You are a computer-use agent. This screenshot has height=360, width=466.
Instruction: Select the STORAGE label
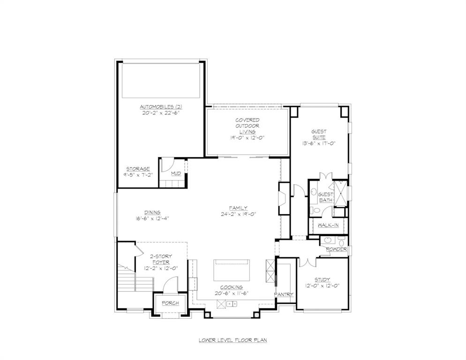[138, 169]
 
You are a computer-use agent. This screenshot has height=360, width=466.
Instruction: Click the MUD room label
[176, 173]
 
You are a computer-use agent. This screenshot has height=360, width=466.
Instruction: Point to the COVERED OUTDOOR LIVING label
[248, 126]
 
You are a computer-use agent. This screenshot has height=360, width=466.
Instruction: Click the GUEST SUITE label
[319, 135]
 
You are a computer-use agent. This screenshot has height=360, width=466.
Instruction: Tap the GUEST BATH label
[325, 197]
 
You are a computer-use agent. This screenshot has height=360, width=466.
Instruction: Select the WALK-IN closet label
[328, 225]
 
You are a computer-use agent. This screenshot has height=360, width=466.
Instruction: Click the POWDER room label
[336, 249]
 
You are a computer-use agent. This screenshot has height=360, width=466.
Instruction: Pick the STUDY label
[322, 279]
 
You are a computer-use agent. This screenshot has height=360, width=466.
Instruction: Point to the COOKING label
[232, 287]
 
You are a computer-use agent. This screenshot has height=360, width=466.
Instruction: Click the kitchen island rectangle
[232, 270]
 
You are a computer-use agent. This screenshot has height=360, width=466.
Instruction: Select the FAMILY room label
[238, 208]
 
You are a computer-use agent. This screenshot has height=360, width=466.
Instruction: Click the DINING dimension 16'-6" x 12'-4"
[152, 218]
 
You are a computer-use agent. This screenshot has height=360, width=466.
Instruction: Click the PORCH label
[170, 303]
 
